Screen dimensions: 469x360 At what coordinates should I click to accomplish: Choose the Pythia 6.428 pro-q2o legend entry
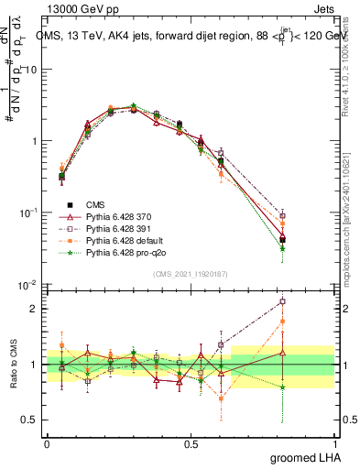[119, 250]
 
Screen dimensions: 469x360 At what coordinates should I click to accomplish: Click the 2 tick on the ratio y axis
[37, 309]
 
